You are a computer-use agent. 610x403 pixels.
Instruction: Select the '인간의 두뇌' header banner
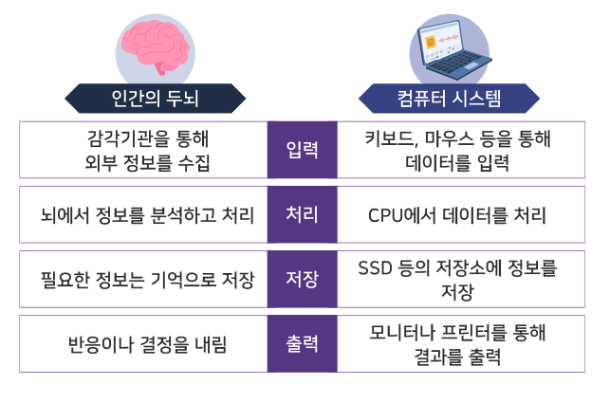[155, 97]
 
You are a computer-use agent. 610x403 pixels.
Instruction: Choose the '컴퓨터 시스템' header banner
[449, 97]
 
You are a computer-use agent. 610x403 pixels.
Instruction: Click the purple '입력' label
[302, 150]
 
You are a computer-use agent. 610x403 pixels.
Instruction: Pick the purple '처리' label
[302, 214]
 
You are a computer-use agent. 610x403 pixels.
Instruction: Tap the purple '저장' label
[302, 279]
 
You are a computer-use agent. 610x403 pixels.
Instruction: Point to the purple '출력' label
[302, 343]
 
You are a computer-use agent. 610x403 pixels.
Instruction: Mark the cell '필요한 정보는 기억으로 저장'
[147, 279]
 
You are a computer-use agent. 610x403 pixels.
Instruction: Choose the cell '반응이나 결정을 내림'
[147, 343]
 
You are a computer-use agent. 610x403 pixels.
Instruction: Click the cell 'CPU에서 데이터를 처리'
[456, 214]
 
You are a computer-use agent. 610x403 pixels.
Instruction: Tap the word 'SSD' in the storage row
[377, 268]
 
